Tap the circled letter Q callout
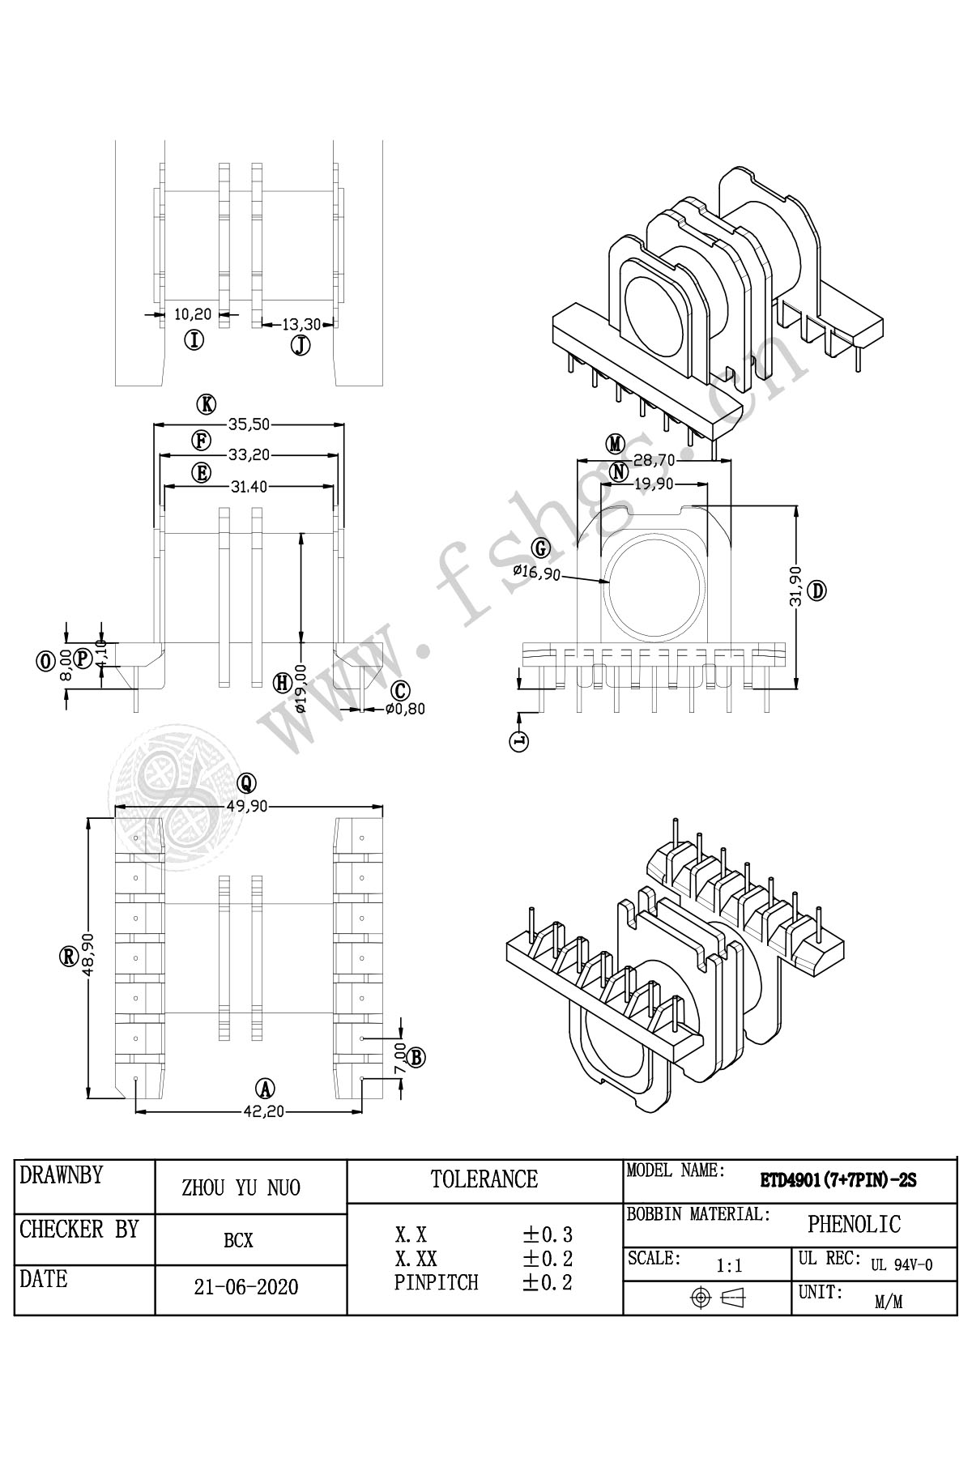pyautogui.click(x=247, y=782)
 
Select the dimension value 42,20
pyautogui.click(x=264, y=1111)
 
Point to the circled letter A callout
pyautogui.click(x=264, y=1089)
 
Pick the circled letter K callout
pyautogui.click(x=207, y=403)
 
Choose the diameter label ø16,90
pyautogui.click(x=535, y=572)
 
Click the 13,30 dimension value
pyautogui.click(x=302, y=324)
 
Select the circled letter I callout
pyautogui.click(x=194, y=340)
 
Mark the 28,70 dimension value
pyautogui.click(x=654, y=460)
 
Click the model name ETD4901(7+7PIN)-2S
pyautogui.click(x=838, y=1180)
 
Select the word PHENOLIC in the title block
pyautogui.click(x=854, y=1224)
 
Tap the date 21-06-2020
pyautogui.click(x=246, y=1287)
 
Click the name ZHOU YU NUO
pyautogui.click(x=241, y=1188)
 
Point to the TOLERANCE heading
pyautogui.click(x=484, y=1179)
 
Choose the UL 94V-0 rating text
pyautogui.click(x=902, y=1265)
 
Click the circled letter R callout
pyautogui.click(x=69, y=957)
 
